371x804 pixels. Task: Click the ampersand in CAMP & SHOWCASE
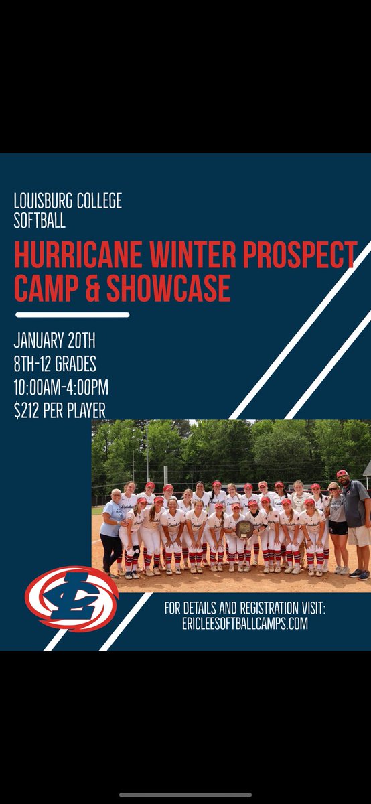87,287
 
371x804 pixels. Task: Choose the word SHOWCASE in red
165,287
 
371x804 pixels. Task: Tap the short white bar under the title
72,314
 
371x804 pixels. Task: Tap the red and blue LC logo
71,598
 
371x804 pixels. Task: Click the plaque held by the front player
244,529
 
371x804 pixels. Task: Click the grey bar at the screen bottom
185,794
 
